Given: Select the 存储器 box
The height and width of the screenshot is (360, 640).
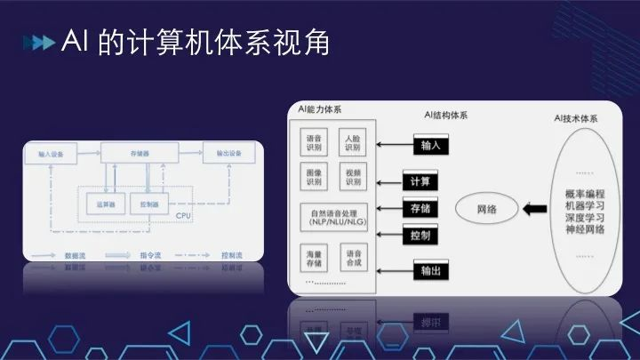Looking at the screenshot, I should pyautogui.click(x=139, y=154).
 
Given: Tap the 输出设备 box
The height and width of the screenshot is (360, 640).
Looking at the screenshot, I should pyautogui.click(x=228, y=154).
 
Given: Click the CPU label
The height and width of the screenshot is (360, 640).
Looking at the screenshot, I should pyautogui.click(x=183, y=216).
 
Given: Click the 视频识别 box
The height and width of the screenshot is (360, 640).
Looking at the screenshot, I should pyautogui.click(x=352, y=177).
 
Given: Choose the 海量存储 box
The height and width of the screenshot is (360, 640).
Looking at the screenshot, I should pyautogui.click(x=315, y=259).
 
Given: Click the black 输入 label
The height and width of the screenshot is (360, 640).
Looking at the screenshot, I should pyautogui.click(x=430, y=145).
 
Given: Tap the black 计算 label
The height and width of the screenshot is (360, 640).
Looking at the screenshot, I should pyautogui.click(x=420, y=180).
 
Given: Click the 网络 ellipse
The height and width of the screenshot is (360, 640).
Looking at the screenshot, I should pyautogui.click(x=486, y=210).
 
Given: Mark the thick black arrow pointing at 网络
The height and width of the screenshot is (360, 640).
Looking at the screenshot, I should pyautogui.click(x=536, y=210).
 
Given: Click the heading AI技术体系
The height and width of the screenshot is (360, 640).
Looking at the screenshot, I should pyautogui.click(x=575, y=117).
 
